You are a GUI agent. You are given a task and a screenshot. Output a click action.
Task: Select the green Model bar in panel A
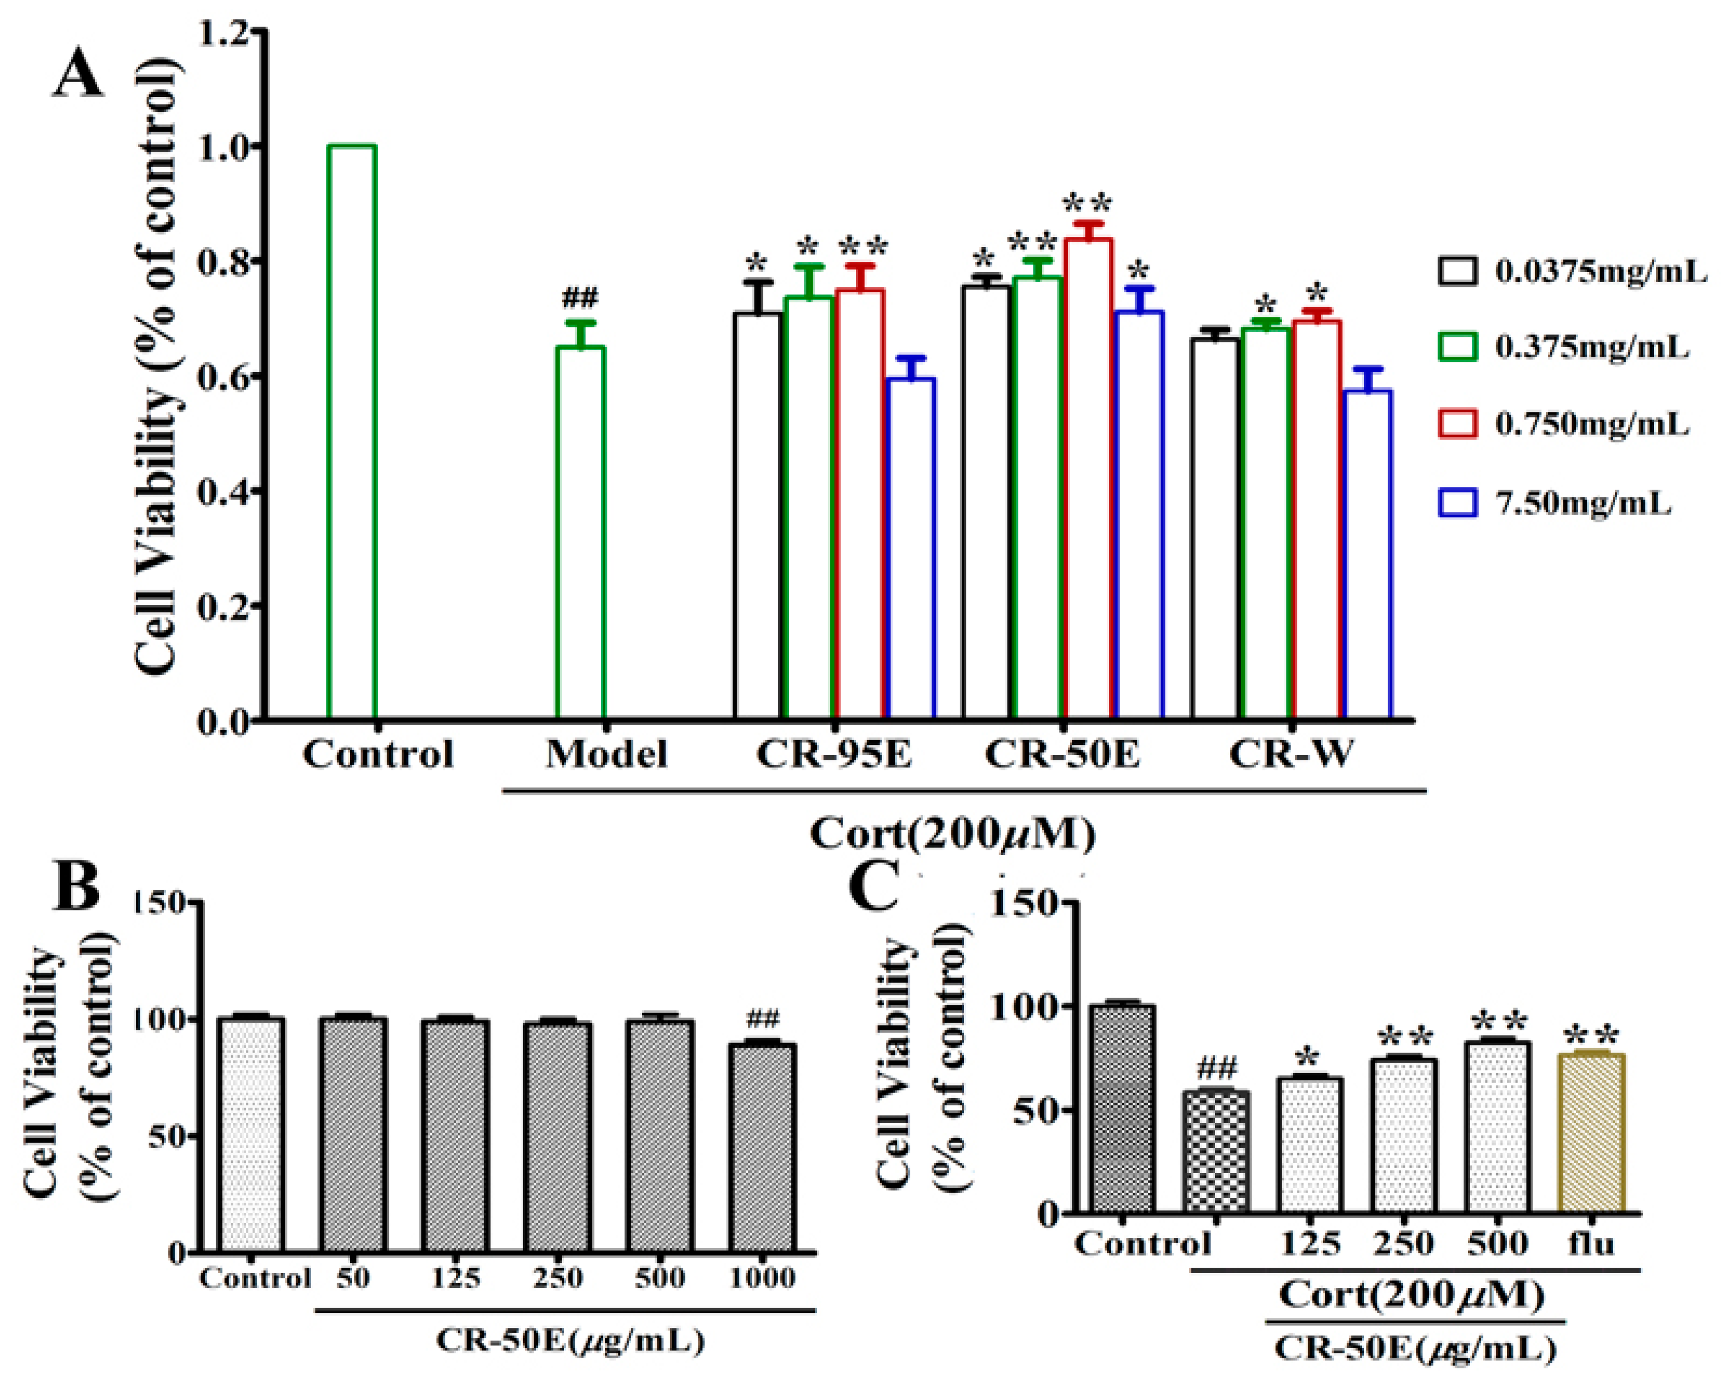[580, 532]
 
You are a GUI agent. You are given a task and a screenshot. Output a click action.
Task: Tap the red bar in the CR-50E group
[1088, 479]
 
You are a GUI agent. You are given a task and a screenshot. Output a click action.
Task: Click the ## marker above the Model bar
[580, 299]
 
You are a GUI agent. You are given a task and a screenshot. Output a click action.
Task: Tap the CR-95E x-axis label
[834, 754]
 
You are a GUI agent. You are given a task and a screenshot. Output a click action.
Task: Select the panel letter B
[76, 886]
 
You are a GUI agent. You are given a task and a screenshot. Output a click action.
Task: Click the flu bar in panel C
[1591, 1133]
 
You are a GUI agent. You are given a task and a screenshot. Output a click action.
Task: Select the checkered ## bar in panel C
[1215, 1153]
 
